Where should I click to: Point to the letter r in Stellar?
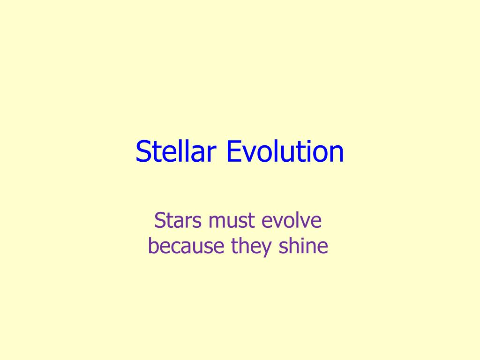coord(213,154)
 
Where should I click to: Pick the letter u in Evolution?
coord(290,154)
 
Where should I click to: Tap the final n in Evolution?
coord(337,154)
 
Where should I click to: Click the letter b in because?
coord(153,246)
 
